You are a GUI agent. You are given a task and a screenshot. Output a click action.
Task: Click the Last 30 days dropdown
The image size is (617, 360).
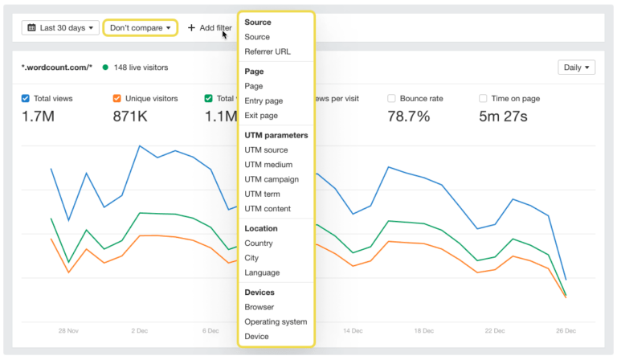[60, 27]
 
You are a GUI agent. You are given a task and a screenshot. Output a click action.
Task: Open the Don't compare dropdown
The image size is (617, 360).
[140, 27]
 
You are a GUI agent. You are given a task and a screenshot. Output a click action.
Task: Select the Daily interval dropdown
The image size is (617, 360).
[576, 67]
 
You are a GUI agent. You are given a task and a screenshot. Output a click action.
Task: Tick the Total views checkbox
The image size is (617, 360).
[26, 98]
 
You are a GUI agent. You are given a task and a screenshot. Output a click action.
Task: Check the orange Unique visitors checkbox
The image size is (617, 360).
[117, 98]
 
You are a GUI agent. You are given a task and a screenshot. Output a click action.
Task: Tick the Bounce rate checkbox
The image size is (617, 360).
[391, 98]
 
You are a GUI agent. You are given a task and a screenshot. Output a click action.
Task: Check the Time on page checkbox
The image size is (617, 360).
[483, 98]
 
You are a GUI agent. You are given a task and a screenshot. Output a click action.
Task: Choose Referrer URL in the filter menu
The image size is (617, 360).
[268, 51]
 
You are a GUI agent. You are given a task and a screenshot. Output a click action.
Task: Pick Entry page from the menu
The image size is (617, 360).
[264, 100]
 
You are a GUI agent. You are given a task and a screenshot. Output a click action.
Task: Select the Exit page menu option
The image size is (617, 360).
[261, 116]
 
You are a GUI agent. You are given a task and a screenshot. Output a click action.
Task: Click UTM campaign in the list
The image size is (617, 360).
[272, 179]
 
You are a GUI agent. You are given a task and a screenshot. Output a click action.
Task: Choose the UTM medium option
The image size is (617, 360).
[268, 165]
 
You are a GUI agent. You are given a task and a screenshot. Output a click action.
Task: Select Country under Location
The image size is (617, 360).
[259, 243]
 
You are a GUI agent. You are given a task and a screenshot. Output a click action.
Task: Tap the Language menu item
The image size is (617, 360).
[262, 272]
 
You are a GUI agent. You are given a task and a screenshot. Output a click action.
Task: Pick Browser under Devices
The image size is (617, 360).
[259, 307]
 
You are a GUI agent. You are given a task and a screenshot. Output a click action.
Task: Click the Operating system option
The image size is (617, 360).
[276, 321]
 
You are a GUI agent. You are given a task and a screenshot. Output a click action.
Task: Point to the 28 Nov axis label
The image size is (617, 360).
[67, 330]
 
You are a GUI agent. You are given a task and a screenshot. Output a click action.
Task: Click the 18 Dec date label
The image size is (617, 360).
[423, 330]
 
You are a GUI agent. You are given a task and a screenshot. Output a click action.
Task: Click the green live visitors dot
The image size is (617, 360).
[105, 67]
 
